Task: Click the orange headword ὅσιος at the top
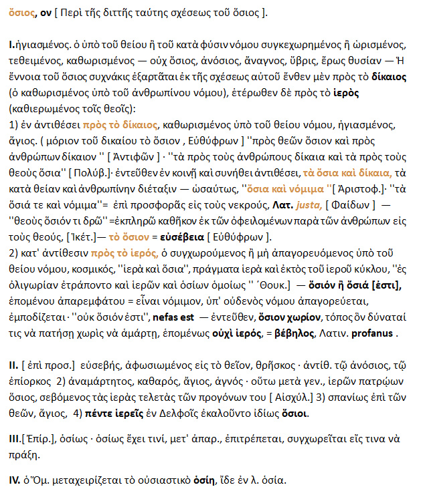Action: (x=20, y=13)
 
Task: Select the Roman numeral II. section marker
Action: (x=13, y=367)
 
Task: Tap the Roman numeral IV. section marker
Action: (x=14, y=480)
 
